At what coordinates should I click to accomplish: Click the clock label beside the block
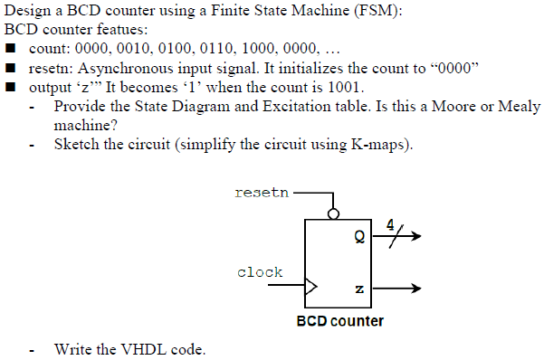coord(260,271)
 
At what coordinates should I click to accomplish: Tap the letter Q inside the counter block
coord(360,240)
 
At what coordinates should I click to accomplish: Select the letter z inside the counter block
coord(360,289)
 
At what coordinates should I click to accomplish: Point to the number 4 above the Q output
coord(391,223)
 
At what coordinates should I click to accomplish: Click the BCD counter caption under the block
coord(340,321)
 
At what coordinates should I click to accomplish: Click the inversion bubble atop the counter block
coord(334,214)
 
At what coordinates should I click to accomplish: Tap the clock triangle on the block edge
coord(312,289)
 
